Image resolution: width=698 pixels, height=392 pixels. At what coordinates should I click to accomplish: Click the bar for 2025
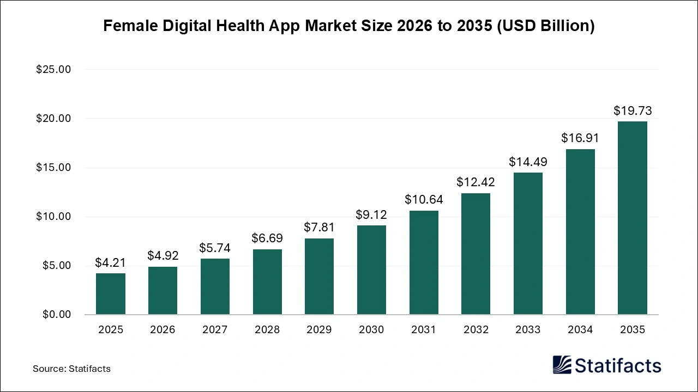point(111,294)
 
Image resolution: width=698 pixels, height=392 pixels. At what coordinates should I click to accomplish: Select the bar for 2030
point(371,270)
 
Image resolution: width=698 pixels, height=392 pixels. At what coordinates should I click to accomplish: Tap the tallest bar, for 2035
point(633,218)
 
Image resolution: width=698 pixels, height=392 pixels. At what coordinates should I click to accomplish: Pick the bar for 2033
point(528,243)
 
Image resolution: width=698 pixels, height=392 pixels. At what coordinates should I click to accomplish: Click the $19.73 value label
point(633,111)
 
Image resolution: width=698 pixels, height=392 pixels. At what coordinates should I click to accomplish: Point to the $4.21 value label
point(111,263)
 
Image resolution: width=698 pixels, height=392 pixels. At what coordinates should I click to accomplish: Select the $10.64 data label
point(424,200)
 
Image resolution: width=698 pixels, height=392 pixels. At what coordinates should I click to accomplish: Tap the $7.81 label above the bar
point(319,228)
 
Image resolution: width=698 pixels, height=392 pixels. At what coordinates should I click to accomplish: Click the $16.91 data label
point(580,138)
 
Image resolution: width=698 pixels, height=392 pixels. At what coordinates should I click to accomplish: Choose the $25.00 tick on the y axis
point(53,70)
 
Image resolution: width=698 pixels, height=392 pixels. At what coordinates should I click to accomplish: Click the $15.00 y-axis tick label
point(53,168)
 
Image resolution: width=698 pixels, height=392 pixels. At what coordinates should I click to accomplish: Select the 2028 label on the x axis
point(267,330)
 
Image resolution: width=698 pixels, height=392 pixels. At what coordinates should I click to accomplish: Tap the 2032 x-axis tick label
point(476,330)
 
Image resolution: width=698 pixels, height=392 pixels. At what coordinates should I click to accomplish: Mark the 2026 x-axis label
point(163,330)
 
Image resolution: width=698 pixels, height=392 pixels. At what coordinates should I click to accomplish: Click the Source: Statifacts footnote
point(71,369)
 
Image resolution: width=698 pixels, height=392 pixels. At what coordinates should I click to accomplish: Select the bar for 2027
point(215,286)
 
